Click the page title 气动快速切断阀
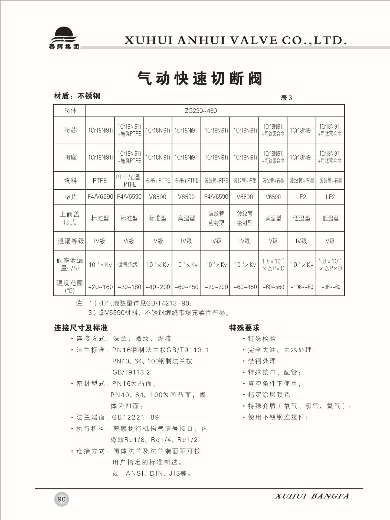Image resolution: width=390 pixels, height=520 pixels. (200, 79)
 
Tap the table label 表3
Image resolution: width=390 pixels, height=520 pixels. (286, 98)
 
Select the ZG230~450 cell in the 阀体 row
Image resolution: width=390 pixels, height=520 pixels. (201, 111)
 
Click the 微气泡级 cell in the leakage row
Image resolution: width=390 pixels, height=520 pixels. (129, 265)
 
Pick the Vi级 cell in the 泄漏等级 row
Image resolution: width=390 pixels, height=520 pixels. (129, 241)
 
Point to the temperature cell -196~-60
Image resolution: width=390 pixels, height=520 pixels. (302, 287)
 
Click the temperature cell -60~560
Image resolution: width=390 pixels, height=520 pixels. (273, 287)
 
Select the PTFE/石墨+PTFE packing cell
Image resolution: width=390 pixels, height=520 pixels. (128, 181)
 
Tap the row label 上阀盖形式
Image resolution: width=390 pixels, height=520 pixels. (70, 218)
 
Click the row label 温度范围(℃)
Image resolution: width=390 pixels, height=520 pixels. (70, 287)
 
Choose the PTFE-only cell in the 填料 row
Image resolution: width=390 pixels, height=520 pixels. (100, 181)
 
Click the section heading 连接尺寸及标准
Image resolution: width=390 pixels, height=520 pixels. (81, 328)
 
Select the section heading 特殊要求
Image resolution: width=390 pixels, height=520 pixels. (244, 328)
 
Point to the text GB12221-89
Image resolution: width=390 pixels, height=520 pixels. (135, 417)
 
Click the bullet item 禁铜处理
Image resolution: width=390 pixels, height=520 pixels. (262, 361)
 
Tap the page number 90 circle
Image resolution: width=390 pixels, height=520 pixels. (62, 499)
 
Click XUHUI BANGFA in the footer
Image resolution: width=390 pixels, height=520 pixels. (312, 496)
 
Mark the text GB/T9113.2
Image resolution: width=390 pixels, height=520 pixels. (131, 372)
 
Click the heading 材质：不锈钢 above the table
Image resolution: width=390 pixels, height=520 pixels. (77, 96)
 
